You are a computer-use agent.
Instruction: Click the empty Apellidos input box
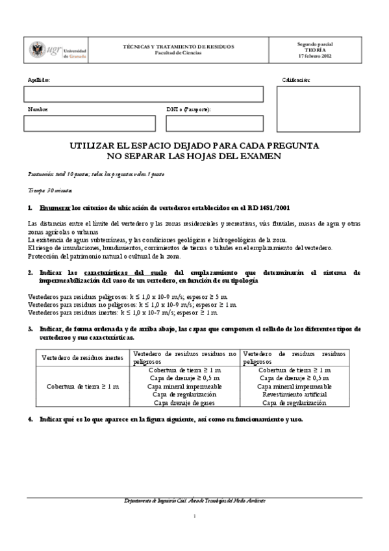[144, 94]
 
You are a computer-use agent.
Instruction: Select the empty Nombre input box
[90, 123]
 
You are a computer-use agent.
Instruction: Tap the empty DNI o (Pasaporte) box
[215, 123]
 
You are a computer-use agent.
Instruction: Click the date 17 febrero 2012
[315, 56]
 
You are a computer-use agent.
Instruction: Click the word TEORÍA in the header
[315, 49]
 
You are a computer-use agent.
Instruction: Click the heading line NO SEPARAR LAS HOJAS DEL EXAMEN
[194, 157]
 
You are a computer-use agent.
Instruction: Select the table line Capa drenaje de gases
[184, 402]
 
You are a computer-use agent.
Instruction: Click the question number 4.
[31, 419]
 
